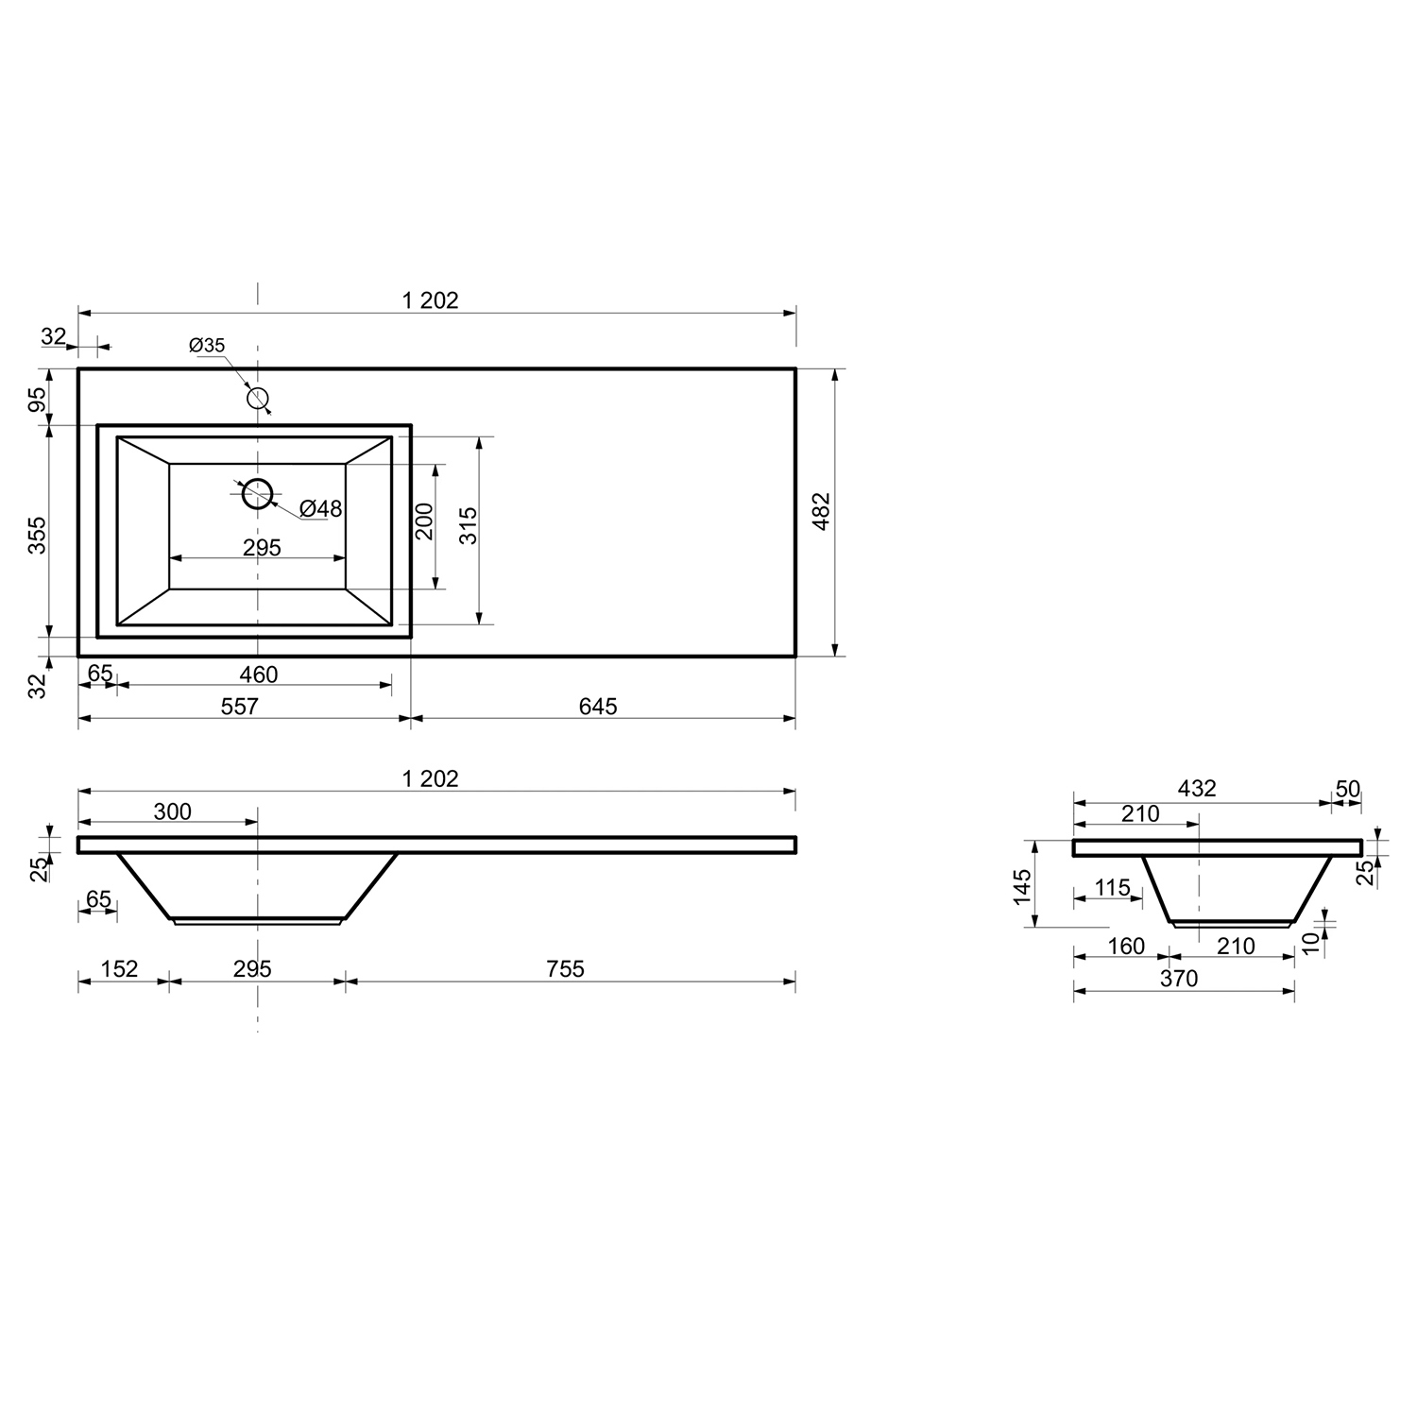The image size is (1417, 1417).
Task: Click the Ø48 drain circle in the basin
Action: point(258,493)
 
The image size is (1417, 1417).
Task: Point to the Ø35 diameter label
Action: point(207,346)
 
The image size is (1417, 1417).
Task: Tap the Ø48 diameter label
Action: point(321,509)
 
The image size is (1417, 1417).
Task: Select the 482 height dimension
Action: point(821,511)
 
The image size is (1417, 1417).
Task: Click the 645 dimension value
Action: point(598,707)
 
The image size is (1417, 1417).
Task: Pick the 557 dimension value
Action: point(240,707)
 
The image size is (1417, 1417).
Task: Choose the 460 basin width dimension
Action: point(259,674)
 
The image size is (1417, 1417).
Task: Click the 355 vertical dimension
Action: point(37,535)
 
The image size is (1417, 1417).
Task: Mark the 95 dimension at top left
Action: point(37,400)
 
